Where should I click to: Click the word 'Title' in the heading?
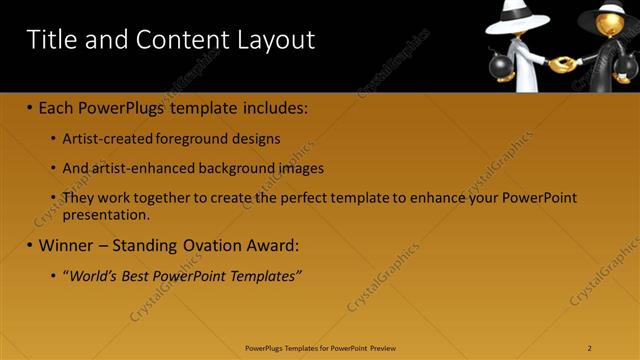(51, 40)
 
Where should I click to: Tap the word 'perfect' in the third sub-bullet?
(303, 198)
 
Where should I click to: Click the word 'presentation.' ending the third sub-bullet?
(106, 215)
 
